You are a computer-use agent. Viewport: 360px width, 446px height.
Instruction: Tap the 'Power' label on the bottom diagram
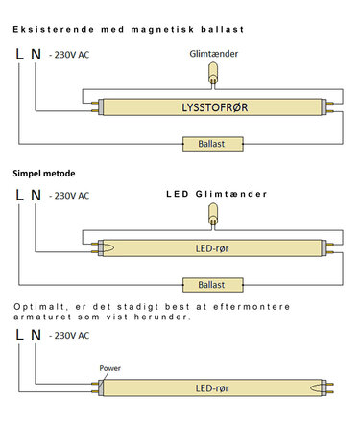click(111, 367)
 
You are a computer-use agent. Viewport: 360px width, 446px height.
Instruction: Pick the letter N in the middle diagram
click(36, 196)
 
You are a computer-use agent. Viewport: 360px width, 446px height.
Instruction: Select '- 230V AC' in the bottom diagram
click(70, 337)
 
